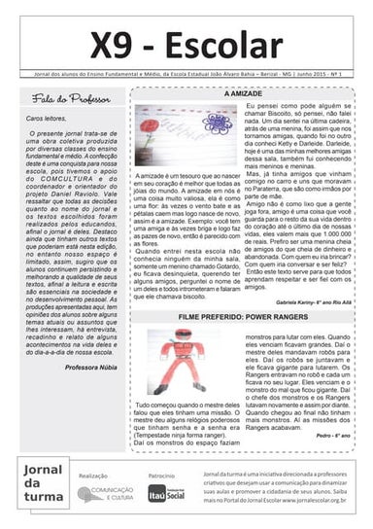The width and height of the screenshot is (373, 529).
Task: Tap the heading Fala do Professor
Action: [66, 99]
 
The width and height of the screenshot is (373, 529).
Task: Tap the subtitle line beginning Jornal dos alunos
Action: [186, 75]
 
